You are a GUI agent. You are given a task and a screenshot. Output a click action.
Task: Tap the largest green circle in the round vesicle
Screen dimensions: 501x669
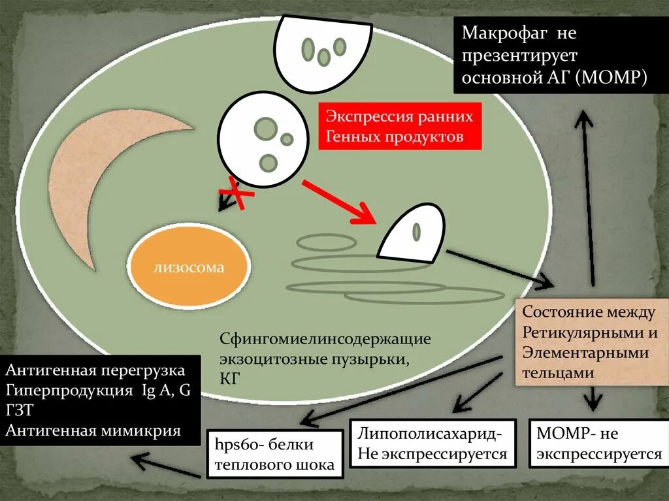pos(265,129)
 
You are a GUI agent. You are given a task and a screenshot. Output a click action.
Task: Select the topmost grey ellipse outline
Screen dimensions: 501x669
pos(326,242)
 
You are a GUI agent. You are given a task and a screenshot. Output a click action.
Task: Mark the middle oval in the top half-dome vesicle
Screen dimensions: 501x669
pos(323,57)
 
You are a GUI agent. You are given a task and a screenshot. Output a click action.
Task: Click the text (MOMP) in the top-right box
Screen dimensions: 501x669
pos(613,78)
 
